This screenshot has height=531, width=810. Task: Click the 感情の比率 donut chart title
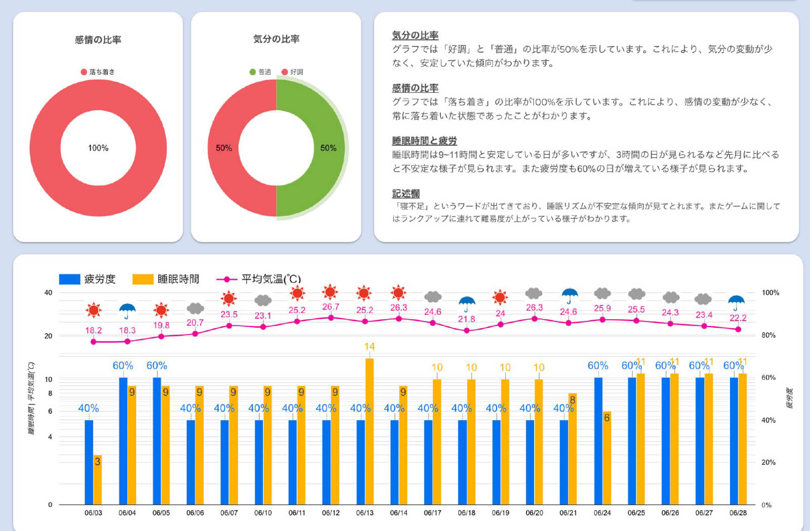click(x=98, y=39)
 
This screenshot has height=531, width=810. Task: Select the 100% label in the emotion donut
click(x=98, y=148)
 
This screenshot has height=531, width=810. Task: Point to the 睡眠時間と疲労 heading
click(x=424, y=141)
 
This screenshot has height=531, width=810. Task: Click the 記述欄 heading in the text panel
click(x=406, y=193)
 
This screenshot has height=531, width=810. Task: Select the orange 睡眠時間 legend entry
click(x=166, y=279)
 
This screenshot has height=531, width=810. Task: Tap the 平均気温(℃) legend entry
click(x=259, y=279)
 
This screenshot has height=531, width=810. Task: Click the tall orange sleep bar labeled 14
click(x=369, y=430)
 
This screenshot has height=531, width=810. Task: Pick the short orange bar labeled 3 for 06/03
click(x=97, y=479)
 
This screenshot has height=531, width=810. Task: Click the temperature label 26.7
click(x=331, y=306)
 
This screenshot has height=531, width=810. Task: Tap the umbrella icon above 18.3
click(x=127, y=310)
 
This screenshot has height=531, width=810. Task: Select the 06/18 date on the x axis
click(x=466, y=512)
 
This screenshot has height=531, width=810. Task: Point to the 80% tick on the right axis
click(x=768, y=335)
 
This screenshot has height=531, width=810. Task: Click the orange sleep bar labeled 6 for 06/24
click(x=606, y=458)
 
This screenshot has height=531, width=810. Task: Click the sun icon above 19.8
click(x=161, y=309)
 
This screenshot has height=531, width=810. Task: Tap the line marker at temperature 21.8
click(x=466, y=330)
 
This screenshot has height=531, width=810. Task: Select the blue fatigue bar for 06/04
click(x=123, y=440)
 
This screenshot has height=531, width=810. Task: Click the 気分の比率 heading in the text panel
click(x=415, y=35)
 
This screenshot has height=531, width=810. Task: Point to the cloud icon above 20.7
click(x=195, y=308)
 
